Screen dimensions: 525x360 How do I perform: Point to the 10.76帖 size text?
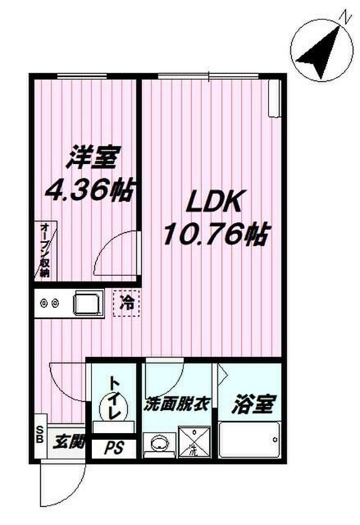click(216, 236)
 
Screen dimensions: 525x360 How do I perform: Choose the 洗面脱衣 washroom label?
click(179, 404)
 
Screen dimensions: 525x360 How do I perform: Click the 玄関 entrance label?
click(69, 442)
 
